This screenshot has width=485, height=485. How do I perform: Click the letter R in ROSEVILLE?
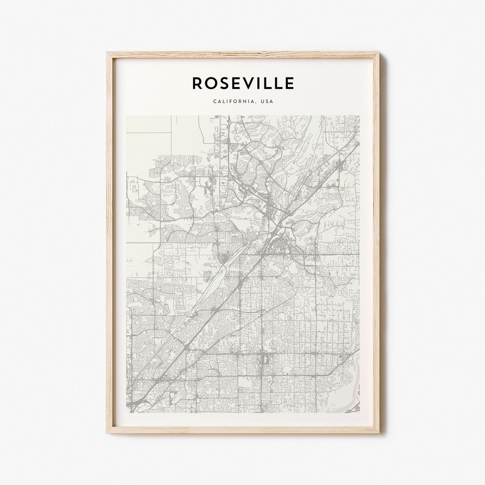[x=198, y=83]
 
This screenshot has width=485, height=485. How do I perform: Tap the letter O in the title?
[x=212, y=83]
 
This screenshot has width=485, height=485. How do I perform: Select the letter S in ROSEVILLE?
[x=226, y=83]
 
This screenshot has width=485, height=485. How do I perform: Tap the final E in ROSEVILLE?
[x=290, y=83]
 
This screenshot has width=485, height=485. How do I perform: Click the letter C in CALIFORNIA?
[x=215, y=101]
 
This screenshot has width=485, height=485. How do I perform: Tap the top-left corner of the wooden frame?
[x=107, y=53]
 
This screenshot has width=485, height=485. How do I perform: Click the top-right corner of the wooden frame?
[x=379, y=53]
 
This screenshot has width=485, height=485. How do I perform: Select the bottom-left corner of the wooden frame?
[x=107, y=432]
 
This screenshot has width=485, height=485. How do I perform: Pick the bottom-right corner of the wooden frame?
[x=379, y=432]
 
